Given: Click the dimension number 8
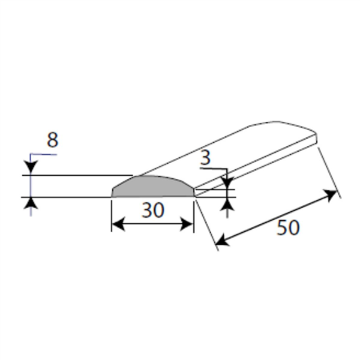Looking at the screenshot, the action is pos(53,140).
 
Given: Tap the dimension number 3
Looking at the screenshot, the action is pos(205,157).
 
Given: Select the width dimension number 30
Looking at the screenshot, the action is pos(153,210).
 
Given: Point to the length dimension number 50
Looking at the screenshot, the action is pos(288,227).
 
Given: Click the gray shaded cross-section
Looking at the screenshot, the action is pos(153,188).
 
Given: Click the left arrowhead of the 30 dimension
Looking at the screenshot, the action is pos(118,224).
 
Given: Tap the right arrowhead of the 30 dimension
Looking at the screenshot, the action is pos(187,224).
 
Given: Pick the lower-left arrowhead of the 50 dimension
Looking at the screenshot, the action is pos(223,240).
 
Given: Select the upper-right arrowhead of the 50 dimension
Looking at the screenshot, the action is pos(330,195).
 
